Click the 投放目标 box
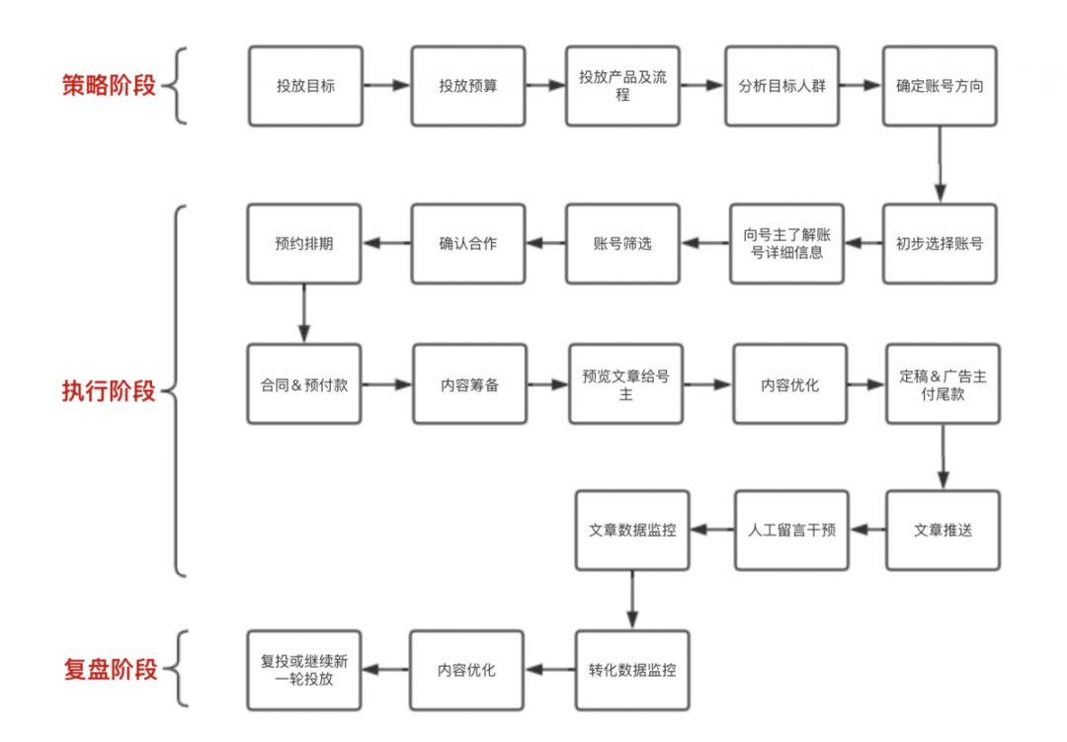305,85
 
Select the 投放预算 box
468,85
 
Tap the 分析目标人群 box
781,85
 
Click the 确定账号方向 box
940,85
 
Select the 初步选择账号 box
940,243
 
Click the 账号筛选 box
623,243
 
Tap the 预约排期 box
304,243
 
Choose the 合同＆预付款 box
304,384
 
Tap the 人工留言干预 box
790,530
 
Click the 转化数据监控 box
632,670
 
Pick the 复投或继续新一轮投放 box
304,670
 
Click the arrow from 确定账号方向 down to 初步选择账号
940,164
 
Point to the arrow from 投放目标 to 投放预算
386,86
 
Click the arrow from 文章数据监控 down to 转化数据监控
632,599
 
